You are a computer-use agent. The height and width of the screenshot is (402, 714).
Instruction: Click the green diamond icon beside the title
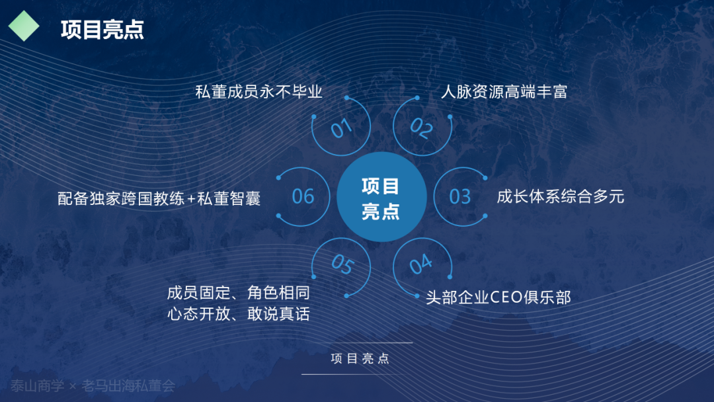[24, 26]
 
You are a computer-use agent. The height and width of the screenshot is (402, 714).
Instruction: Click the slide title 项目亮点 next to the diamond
[102, 30]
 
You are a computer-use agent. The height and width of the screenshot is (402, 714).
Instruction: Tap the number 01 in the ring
[341, 128]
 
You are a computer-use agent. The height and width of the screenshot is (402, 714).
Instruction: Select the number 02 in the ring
[422, 128]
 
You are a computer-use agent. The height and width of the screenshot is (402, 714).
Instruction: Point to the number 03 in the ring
[460, 196]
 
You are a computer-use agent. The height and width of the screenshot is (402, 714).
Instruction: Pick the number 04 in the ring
[420, 264]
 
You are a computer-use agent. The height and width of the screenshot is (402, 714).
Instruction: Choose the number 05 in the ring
[342, 264]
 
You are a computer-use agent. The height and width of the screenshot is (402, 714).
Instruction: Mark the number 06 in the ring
[303, 196]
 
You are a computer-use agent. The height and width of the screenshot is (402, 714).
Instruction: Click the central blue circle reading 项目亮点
[381, 196]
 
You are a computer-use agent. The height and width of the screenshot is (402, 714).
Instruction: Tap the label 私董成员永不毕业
[258, 92]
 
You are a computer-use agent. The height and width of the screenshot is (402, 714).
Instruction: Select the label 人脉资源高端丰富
[504, 92]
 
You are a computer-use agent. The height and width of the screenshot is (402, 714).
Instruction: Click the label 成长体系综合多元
[560, 196]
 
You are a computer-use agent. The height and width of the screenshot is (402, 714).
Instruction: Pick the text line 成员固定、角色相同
[238, 293]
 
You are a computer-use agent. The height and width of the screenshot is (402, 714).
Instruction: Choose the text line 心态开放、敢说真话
[238, 313]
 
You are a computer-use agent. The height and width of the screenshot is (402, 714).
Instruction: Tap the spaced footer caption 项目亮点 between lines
[360, 358]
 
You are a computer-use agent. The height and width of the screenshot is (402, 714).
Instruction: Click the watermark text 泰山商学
[37, 386]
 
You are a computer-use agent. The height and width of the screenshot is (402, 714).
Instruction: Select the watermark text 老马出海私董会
[128, 386]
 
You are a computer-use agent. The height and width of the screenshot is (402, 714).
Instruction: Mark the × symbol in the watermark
[73, 387]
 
